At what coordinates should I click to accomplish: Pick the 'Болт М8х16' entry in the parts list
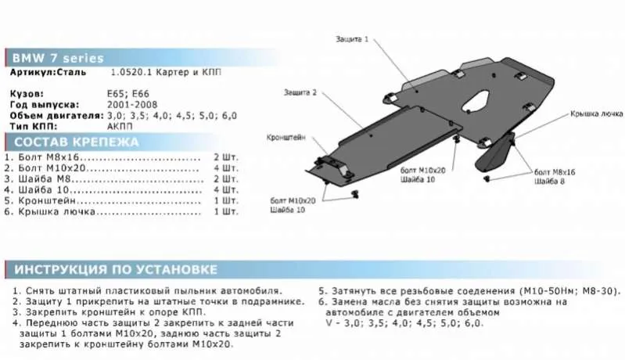55,157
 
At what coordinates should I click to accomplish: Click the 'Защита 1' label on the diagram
352,39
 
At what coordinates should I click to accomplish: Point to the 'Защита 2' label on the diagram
300,92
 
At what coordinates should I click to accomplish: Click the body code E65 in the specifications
114,92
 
